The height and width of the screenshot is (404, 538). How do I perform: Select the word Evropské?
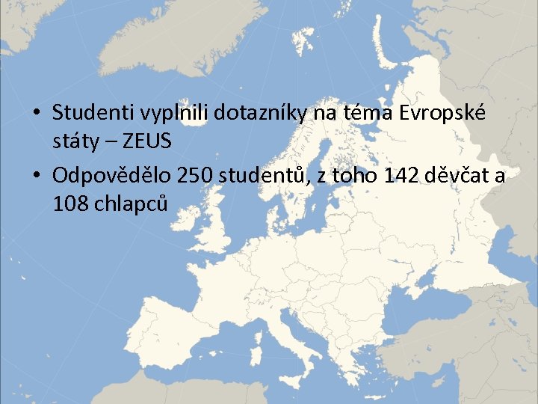442,113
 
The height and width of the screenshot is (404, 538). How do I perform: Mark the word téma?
365,113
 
